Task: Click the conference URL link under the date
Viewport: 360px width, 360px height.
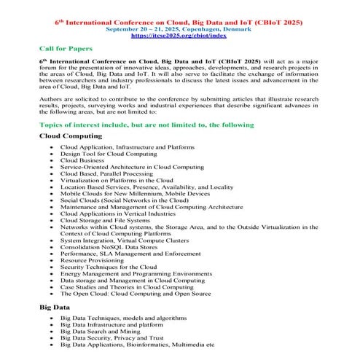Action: (180, 34)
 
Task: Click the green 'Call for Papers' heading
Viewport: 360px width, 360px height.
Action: (65, 48)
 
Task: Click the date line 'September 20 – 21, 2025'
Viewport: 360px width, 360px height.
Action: (180, 27)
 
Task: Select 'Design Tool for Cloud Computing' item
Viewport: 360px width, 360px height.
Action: (109, 154)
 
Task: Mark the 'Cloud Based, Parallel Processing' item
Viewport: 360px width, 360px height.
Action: (107, 173)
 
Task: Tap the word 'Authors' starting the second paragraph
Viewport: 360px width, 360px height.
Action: (52, 95)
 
